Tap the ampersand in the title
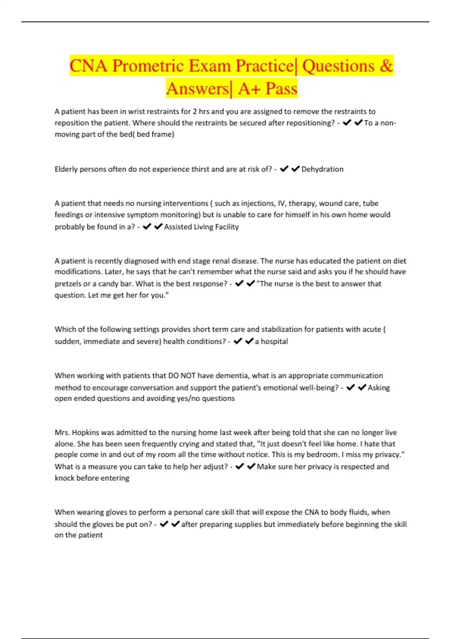pyautogui.click(x=386, y=66)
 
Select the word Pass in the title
pyautogui.click(x=281, y=89)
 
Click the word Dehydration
pyautogui.click(x=322, y=169)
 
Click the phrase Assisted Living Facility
pyautogui.click(x=201, y=227)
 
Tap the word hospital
pyautogui.click(x=274, y=341)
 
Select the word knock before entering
pyautogui.click(x=92, y=478)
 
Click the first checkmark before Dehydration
pyautogui.click(x=284, y=169)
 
